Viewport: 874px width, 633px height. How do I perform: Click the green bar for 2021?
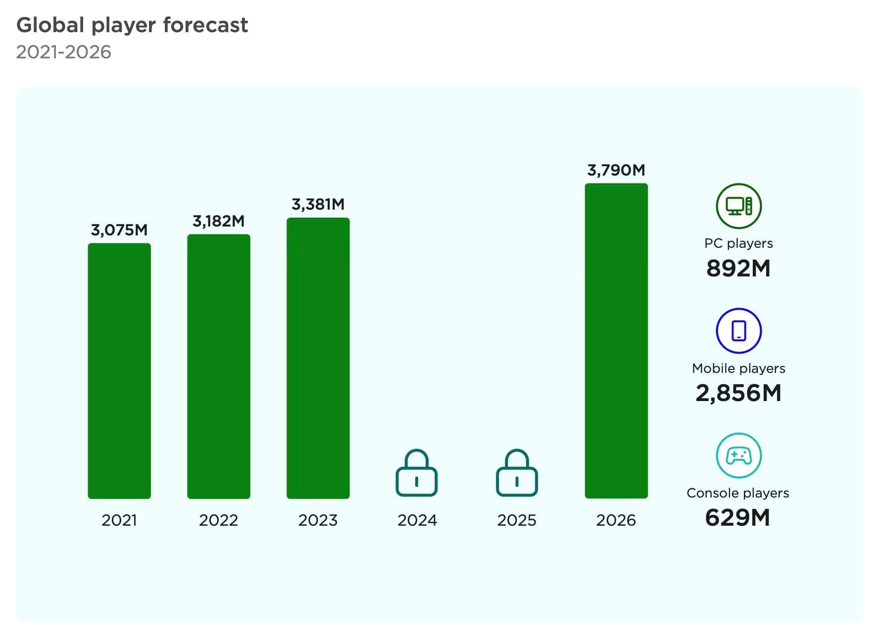pos(119,370)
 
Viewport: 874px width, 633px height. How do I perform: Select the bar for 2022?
pos(218,366)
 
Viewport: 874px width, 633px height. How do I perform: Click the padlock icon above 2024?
pos(417,473)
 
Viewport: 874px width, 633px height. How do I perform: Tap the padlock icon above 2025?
pos(517,473)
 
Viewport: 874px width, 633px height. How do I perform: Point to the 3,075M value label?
pos(119,230)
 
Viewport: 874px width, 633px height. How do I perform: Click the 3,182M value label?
pos(218,221)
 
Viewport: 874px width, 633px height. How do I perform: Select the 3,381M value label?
pos(318,204)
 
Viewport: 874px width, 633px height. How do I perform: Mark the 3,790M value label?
pos(616,170)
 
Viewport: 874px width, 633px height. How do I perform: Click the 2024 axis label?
pos(417,520)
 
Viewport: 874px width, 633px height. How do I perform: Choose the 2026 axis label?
pos(616,520)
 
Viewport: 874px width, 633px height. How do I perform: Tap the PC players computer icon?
pos(738,206)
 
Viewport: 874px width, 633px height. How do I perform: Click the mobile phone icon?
pos(738,330)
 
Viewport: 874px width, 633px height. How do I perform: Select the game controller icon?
pos(738,455)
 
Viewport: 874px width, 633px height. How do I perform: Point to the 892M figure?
pos(738,269)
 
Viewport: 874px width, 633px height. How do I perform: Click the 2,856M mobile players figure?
pos(738,394)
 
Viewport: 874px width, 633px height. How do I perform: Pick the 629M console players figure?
pos(737,518)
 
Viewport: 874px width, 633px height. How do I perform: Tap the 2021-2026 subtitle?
pos(64,52)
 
